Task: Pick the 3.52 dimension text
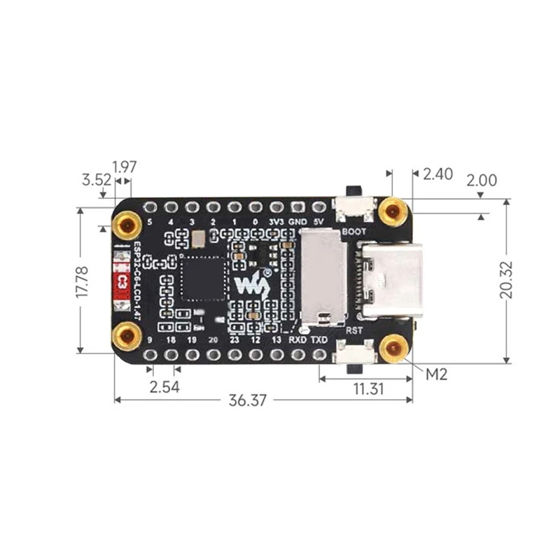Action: [x=96, y=179]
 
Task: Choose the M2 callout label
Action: [x=437, y=374]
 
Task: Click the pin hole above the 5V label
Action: [x=319, y=207]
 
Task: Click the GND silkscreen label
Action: [x=299, y=223]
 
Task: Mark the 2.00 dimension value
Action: [x=482, y=181]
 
